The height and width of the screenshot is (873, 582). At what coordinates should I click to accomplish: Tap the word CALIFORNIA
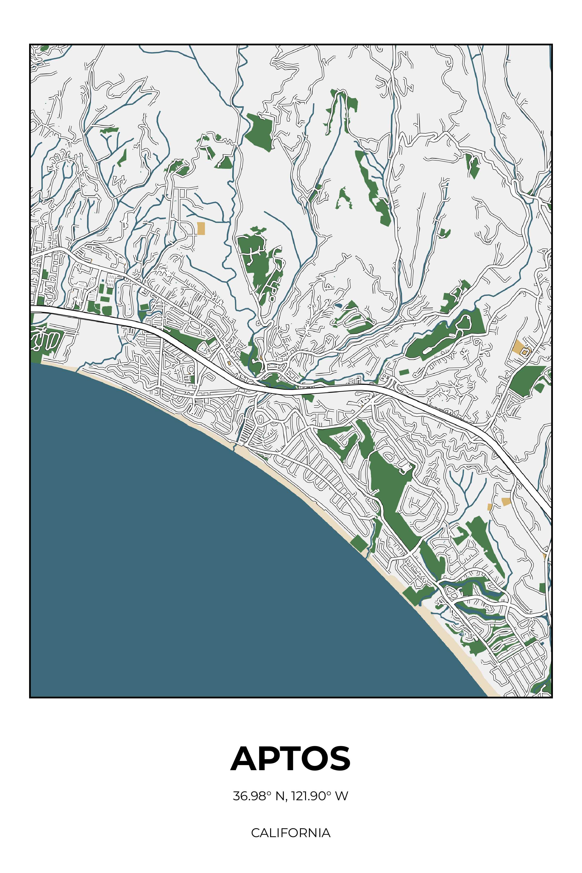291,833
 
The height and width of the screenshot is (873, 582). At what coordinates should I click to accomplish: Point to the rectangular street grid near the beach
522,664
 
